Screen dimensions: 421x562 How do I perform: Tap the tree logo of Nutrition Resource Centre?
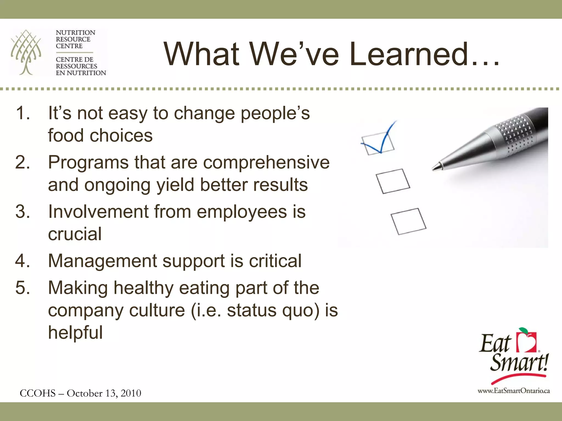pyautogui.click(x=26, y=52)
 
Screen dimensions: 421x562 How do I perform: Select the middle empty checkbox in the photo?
pyautogui.click(x=393, y=181)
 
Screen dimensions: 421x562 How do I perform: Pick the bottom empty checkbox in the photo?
pyautogui.click(x=408, y=221)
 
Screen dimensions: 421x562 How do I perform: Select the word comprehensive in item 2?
pyautogui.click(x=266, y=163)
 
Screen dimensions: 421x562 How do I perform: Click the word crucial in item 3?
pyautogui.click(x=75, y=234)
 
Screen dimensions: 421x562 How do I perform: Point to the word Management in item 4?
pyautogui.click(x=102, y=261)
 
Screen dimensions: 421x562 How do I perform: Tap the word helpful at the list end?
pyautogui.click(x=75, y=332)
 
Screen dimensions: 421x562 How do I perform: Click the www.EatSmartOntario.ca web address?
pyautogui.click(x=514, y=391)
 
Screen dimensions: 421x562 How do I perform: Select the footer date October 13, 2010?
pyautogui.click(x=104, y=393)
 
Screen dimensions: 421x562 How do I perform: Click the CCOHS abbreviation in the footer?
pyautogui.click(x=38, y=393)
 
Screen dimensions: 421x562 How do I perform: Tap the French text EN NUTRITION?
pyautogui.click(x=81, y=73)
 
